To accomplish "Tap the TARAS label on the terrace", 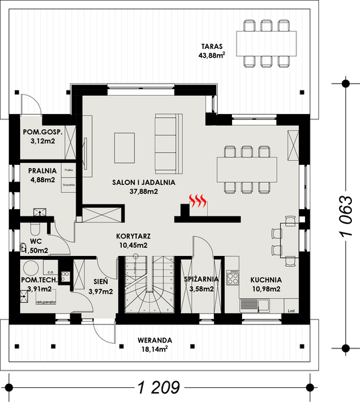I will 211,46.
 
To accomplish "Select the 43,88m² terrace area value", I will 211,56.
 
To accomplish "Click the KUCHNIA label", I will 265,280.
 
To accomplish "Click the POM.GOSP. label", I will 42,132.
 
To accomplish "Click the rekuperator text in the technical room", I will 45,303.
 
